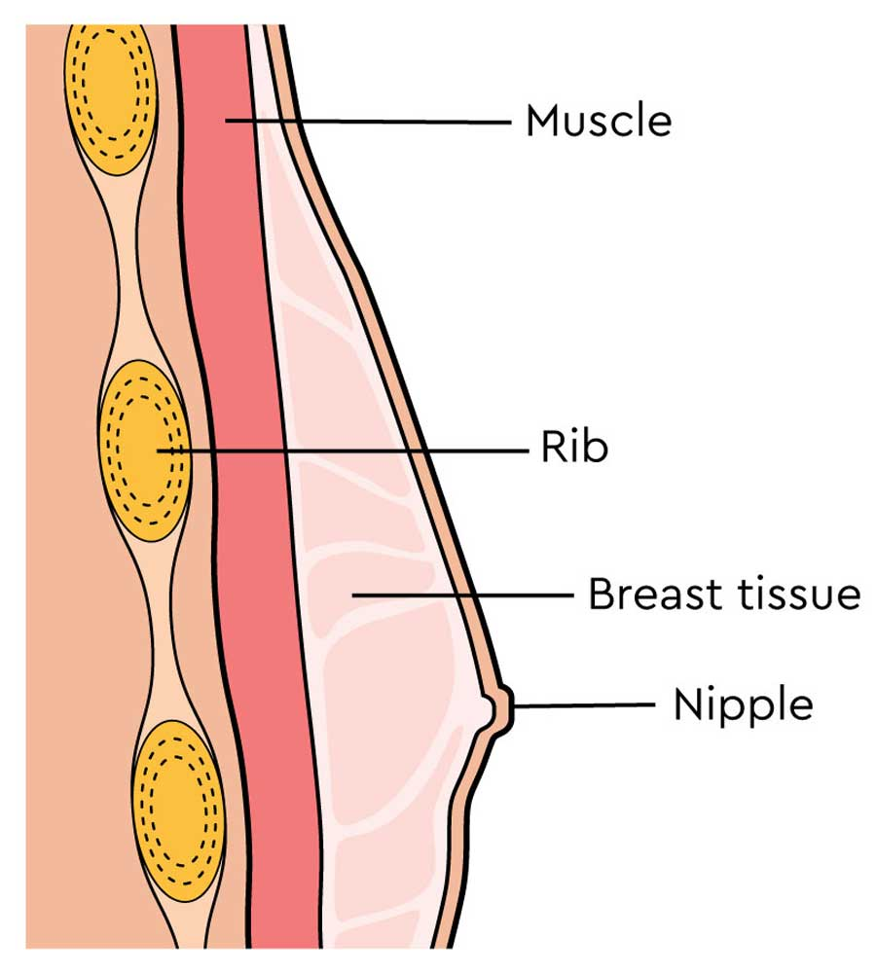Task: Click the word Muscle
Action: point(598,123)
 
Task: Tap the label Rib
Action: point(574,450)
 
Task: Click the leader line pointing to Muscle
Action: point(389,122)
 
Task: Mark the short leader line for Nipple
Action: point(584,704)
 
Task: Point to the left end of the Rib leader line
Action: point(158,450)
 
